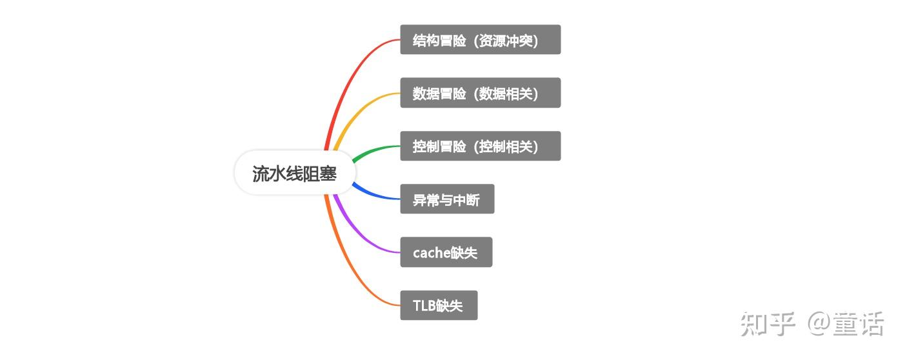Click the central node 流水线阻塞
click(295, 173)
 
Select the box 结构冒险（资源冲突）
click(480, 40)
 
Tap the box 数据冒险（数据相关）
click(480, 93)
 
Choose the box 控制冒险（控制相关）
click(480, 146)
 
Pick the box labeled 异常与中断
click(447, 199)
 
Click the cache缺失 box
click(446, 252)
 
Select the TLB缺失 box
click(439, 305)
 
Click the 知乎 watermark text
click(767, 324)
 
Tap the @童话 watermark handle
click(846, 324)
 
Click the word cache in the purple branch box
click(431, 253)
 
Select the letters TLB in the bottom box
click(424, 306)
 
